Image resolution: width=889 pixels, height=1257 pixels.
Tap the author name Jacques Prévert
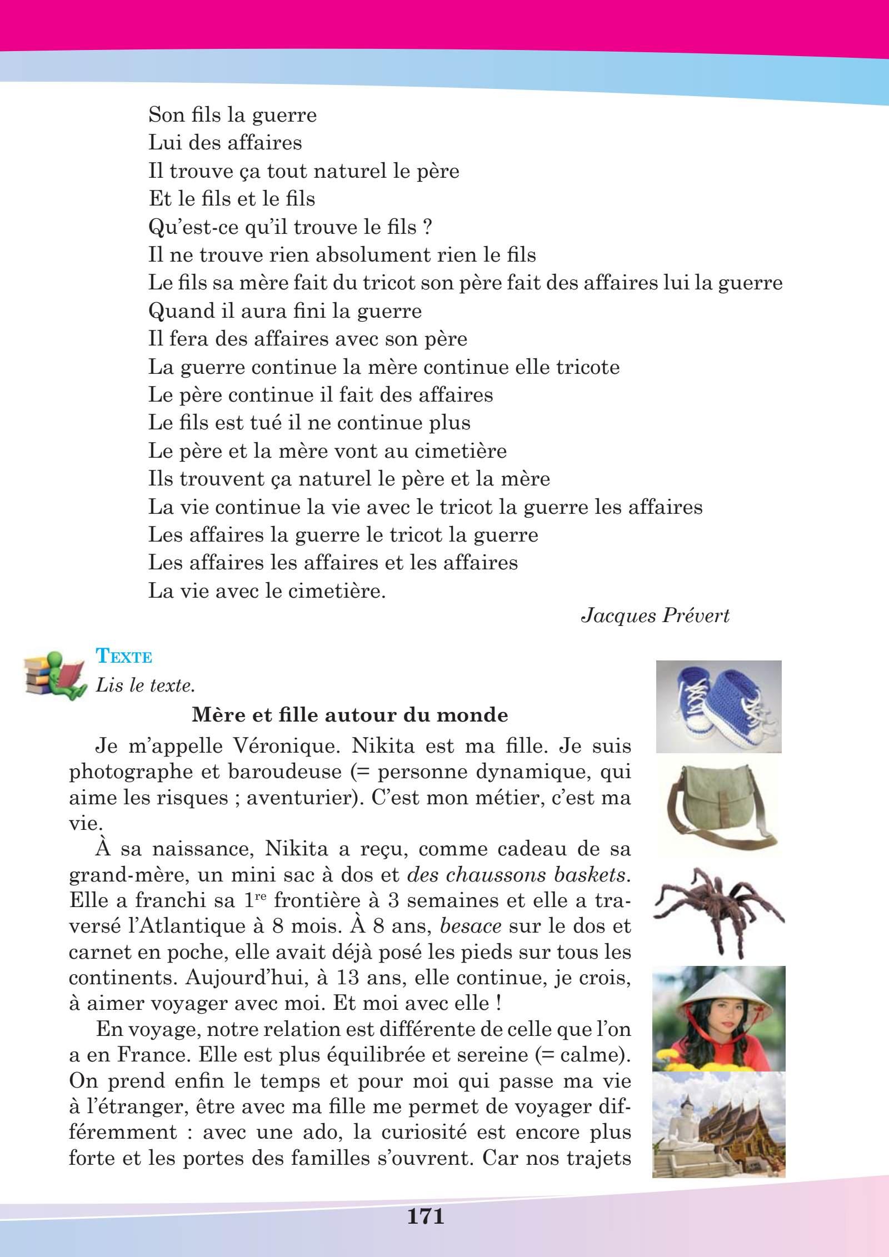coord(655,617)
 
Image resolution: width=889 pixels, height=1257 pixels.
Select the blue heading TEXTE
coord(124,657)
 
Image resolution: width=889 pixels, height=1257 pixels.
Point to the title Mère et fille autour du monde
coord(349,715)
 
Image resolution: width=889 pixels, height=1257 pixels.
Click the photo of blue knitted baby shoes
coord(718,706)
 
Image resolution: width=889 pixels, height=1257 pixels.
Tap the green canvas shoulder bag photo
coord(718,804)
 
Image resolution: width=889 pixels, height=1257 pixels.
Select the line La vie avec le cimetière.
coord(267,590)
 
